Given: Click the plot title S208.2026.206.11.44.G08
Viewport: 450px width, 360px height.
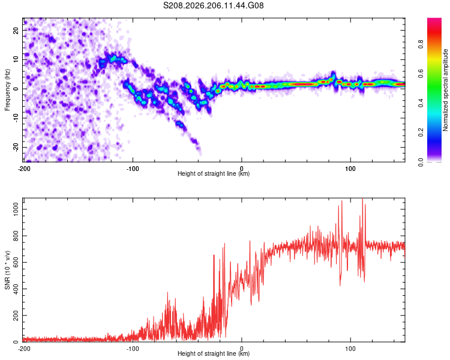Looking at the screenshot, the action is click(x=213, y=5).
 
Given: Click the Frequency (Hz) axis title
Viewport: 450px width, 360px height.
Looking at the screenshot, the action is click(x=7, y=90).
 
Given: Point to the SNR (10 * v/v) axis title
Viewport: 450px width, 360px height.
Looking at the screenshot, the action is click(x=7, y=270).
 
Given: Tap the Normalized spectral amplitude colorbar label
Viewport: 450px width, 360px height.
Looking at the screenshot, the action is click(x=445, y=90).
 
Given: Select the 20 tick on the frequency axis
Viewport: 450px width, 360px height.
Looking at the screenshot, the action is click(x=16, y=30).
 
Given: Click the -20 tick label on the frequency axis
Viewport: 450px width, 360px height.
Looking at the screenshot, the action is click(x=16, y=147).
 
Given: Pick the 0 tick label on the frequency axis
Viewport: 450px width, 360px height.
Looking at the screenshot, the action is click(x=16, y=89).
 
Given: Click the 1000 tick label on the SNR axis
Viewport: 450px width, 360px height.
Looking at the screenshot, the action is click(x=16, y=209).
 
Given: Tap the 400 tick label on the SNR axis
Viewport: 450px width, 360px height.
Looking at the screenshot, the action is click(x=16, y=289).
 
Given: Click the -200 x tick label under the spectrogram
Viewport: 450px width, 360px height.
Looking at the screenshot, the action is click(x=24, y=169).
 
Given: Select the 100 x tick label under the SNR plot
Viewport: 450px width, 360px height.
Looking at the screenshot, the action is click(x=350, y=349).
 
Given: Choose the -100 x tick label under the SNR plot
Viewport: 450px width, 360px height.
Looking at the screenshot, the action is click(x=133, y=349).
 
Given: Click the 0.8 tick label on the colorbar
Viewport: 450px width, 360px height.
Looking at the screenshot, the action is click(x=421, y=44).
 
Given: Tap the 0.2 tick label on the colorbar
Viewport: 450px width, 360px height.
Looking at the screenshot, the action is click(x=421, y=133).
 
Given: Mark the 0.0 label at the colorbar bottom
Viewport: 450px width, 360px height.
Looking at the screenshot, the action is click(x=421, y=162).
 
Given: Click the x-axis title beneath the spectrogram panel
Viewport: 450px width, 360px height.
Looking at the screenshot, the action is click(x=214, y=173).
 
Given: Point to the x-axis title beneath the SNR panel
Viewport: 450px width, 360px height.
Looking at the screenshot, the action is click(x=214, y=353).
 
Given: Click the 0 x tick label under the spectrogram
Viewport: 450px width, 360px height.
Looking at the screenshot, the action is click(x=242, y=169).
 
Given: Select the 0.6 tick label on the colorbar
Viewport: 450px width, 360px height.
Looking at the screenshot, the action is click(x=421, y=73).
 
